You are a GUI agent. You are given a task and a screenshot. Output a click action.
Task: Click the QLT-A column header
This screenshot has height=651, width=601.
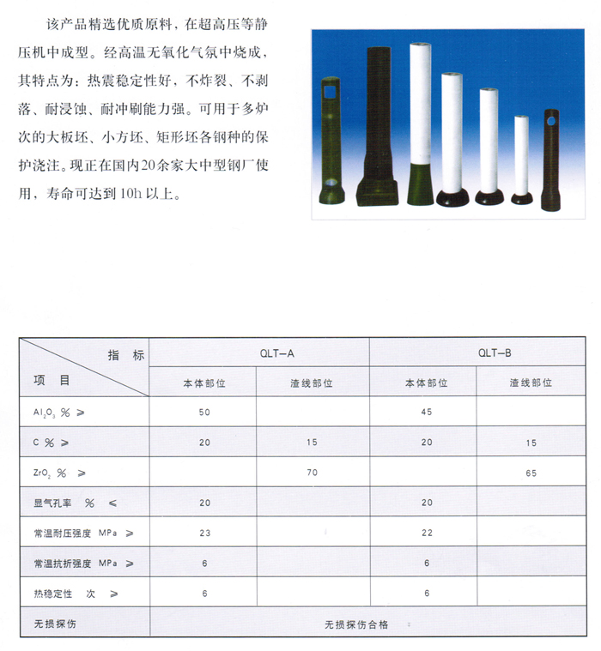[276, 353]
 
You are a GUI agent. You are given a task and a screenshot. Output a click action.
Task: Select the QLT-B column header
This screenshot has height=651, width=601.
[495, 353]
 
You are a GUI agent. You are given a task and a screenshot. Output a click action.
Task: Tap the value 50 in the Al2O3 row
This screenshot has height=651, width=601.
[203, 413]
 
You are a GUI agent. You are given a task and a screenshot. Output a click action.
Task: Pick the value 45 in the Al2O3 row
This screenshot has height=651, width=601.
[427, 413]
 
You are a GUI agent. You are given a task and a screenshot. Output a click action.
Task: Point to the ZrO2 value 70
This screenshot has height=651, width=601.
[312, 472]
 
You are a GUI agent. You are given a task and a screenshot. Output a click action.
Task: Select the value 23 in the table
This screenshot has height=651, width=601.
[203, 533]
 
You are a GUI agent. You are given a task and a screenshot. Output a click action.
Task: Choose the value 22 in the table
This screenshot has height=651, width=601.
[427, 533]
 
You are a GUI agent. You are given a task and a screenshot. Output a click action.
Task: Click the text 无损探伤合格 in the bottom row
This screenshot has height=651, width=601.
[356, 624]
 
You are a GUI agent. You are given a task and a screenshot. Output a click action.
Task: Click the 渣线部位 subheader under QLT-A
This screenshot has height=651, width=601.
[312, 383]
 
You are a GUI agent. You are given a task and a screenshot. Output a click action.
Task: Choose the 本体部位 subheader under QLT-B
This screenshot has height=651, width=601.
[427, 383]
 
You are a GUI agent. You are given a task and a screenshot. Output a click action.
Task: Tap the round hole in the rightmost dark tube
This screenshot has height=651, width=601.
[549, 122]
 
